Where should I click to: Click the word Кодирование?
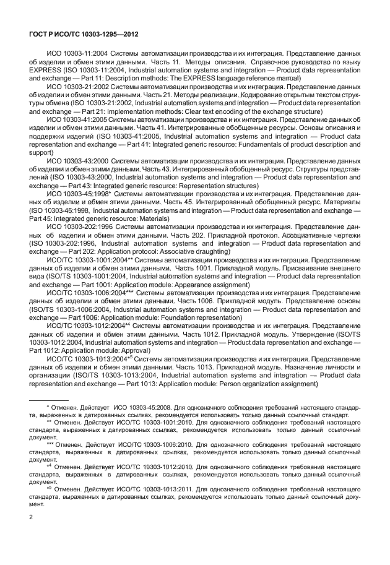click(x=297, y=95)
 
